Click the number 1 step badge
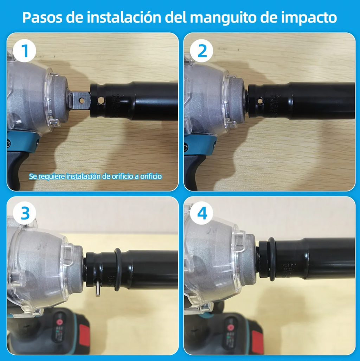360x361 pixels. click(x=24, y=51)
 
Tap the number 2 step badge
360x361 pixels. click(x=202, y=51)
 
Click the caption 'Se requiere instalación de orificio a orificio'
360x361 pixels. click(x=95, y=176)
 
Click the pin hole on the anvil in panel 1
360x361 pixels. click(x=82, y=101)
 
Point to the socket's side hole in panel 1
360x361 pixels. click(x=101, y=101)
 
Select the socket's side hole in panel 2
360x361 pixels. click(x=260, y=101)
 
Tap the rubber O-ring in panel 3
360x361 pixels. click(x=117, y=270)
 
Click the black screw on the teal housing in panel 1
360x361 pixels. click(x=8, y=143)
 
